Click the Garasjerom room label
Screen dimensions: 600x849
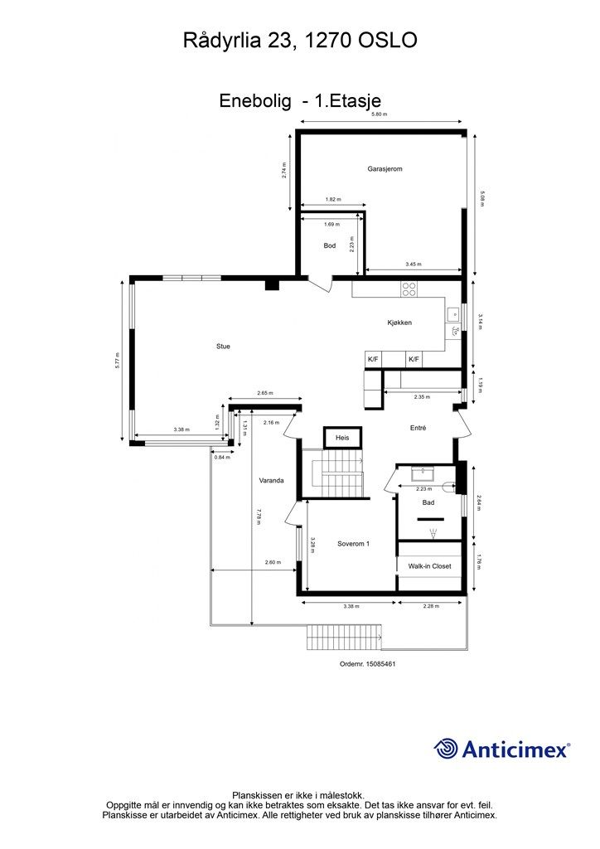coord(385,169)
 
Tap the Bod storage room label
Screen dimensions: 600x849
coord(330,245)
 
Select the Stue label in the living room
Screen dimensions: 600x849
coord(223,347)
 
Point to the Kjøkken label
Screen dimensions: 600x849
coord(399,323)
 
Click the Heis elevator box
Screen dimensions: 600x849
coord(342,438)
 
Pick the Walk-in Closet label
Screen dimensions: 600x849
coord(429,566)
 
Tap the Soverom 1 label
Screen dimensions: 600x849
coord(353,544)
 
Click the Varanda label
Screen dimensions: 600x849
coord(271,480)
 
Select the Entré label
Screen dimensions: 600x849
coord(419,428)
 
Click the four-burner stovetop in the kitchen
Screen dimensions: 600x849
coord(409,289)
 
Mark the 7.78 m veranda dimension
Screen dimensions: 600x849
coord(259,517)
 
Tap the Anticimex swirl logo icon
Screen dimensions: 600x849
coord(445,749)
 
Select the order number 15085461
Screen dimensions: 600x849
coord(380,664)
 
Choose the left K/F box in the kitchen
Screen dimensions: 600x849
coord(373,360)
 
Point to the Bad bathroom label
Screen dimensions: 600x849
coord(428,503)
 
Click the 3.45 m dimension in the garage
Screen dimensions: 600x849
coord(414,264)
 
